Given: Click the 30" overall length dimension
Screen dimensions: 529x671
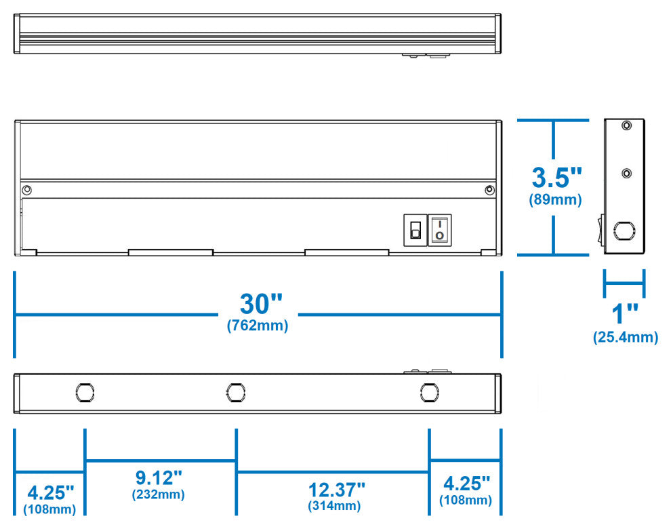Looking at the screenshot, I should coord(258,303).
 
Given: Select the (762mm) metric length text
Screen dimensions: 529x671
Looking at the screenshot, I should coord(258,326).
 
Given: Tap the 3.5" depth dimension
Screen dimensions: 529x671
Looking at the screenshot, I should coord(556,178).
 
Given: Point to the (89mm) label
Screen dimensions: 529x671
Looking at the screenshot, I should coord(556,200).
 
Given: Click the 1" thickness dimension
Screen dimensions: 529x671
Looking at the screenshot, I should coord(625,315).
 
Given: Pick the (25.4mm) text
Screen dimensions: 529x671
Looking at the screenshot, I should coord(625,337).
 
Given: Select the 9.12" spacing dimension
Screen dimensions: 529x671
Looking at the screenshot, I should coord(159,477).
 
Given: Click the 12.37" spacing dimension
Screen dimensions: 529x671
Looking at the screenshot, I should coord(337,488).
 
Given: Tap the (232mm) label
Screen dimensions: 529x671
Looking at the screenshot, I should coord(159,494).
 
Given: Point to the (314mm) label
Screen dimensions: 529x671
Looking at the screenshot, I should coord(334,506).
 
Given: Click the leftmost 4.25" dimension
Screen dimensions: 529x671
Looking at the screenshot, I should coord(49,490).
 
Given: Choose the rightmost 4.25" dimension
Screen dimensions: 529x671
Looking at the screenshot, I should coord(466,484).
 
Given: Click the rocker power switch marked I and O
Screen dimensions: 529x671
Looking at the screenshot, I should coord(440,229).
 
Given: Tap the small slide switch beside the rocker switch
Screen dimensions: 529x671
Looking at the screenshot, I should coord(414,230).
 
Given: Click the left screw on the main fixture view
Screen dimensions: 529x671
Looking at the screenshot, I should coord(26,189).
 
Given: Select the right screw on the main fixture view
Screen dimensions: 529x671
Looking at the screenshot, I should coord(489,190).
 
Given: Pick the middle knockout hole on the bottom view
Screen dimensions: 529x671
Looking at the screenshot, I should coord(235,392).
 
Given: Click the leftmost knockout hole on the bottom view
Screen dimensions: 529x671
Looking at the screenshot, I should coord(84,392).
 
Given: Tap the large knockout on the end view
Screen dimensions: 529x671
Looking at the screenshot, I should coord(622,231).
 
